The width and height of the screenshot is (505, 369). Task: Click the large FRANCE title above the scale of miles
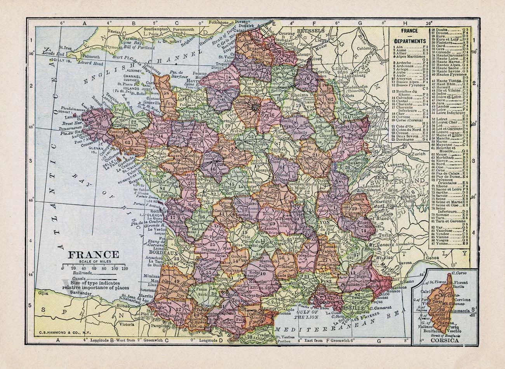pos(94,255)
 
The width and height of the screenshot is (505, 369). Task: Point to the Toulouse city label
pos(242,300)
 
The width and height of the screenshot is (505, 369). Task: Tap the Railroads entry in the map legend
pos(82,273)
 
